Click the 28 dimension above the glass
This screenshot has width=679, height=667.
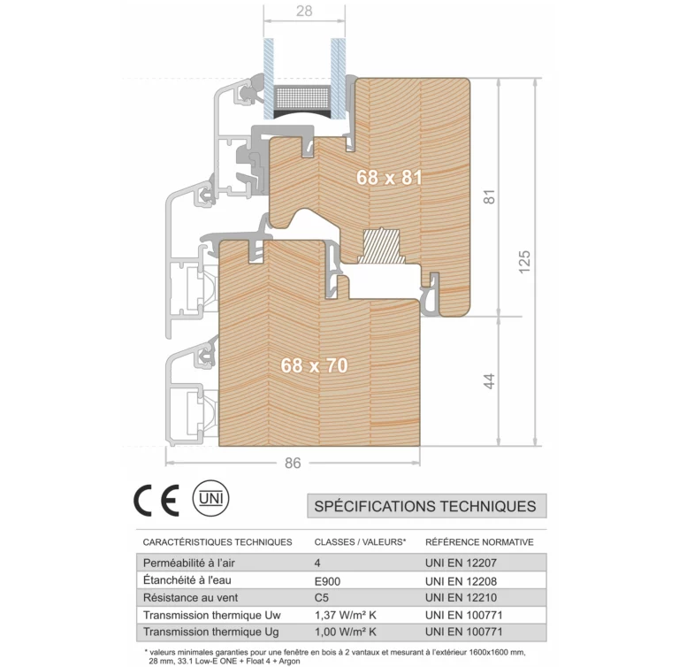coord(304,11)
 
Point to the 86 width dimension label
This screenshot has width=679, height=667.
coord(293,463)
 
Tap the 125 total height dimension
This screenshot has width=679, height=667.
coord(524,262)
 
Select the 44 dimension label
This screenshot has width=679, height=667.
coord(489,381)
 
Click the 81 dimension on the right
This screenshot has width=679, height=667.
coord(489,196)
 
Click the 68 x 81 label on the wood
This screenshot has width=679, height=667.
coord(389,177)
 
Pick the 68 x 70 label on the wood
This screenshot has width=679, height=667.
coord(314,365)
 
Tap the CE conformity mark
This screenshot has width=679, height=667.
coord(156,500)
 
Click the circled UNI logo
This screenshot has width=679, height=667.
coord(211,498)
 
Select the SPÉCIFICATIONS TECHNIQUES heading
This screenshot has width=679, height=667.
coord(425,506)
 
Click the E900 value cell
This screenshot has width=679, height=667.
coord(327,581)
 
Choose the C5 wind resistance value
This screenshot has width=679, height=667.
coord(322,598)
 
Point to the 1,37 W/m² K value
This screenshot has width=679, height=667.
coord(346,615)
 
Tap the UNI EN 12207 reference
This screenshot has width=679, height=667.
coord(461,563)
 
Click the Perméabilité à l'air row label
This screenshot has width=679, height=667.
coord(189,563)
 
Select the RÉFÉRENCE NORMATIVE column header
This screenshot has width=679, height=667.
coord(479,541)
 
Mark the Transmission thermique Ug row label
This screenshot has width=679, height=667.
coord(211,632)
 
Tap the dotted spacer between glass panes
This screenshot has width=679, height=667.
coord(302,98)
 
